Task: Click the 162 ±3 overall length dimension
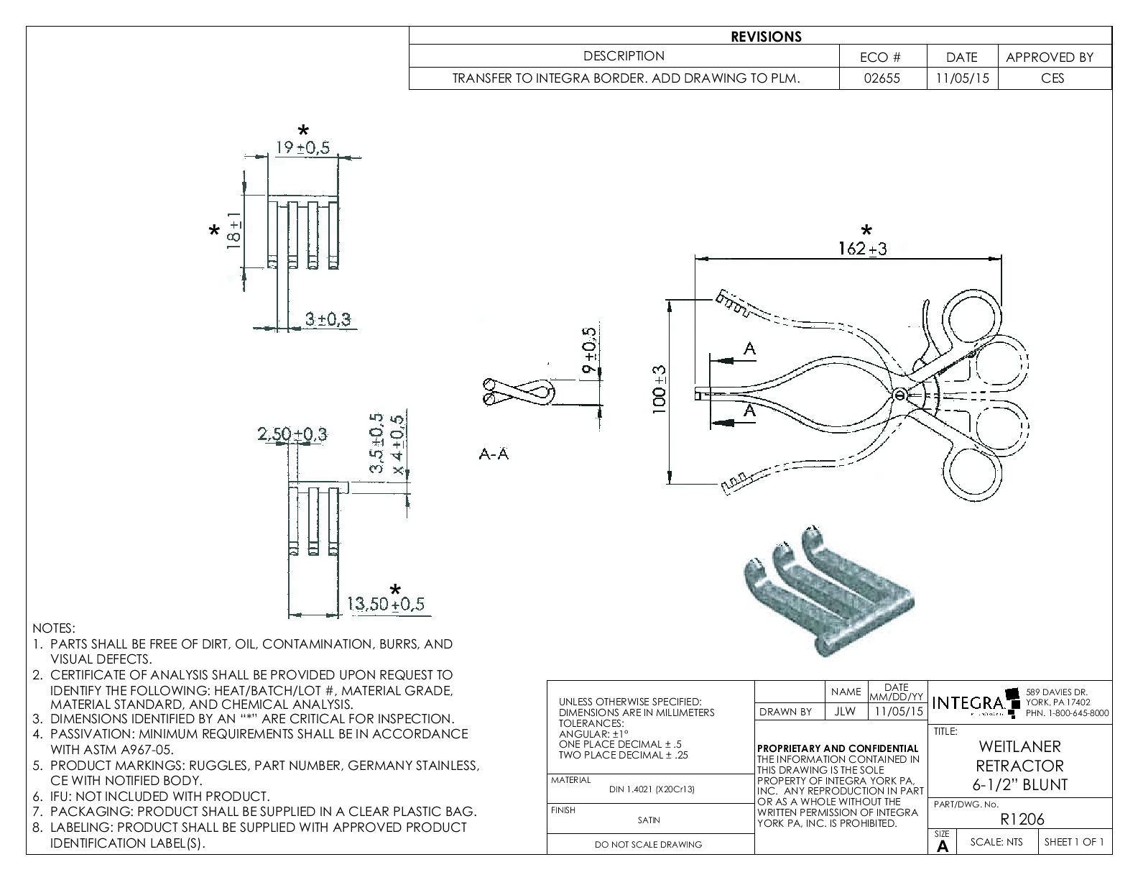(x=862, y=249)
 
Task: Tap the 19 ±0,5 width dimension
(x=302, y=147)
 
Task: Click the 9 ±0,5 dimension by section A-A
(x=589, y=351)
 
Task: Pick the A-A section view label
(x=494, y=454)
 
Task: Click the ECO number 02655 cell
(x=882, y=78)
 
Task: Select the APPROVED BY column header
(x=1049, y=57)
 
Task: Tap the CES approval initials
(x=1053, y=78)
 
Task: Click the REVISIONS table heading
(x=766, y=37)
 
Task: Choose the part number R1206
(x=1022, y=819)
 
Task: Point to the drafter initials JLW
(x=846, y=712)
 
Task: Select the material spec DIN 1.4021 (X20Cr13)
(x=652, y=789)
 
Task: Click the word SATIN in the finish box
(x=649, y=820)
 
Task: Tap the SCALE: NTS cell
(x=995, y=842)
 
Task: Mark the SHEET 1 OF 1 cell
(x=1073, y=842)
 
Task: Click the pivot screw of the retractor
(x=899, y=394)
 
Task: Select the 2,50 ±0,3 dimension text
(x=292, y=434)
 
